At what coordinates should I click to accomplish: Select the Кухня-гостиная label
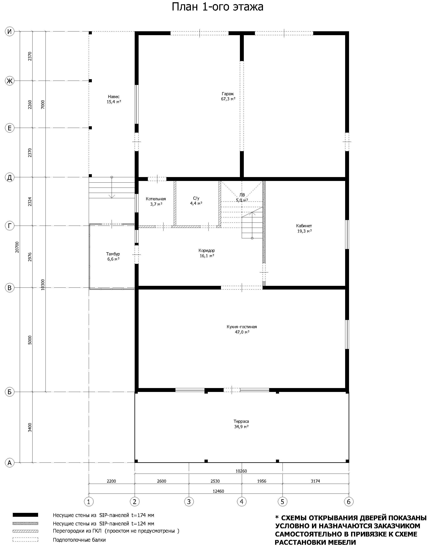pyautogui.click(x=242, y=327)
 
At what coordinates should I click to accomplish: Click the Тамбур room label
pyautogui.click(x=113, y=254)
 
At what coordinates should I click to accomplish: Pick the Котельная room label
pyautogui.click(x=156, y=199)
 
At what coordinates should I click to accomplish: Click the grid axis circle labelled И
pyautogui.click(x=10, y=31)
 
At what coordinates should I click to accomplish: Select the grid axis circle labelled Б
pyautogui.click(x=10, y=392)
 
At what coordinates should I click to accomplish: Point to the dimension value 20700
pyautogui.click(x=17, y=247)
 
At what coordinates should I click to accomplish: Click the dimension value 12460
pyautogui.click(x=218, y=491)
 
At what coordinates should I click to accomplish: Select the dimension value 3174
pyautogui.click(x=315, y=481)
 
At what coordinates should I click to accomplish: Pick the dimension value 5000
pyautogui.click(x=30, y=340)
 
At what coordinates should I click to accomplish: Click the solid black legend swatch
pyautogui.click(x=25, y=515)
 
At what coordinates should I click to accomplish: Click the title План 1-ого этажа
pyautogui.click(x=217, y=7)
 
